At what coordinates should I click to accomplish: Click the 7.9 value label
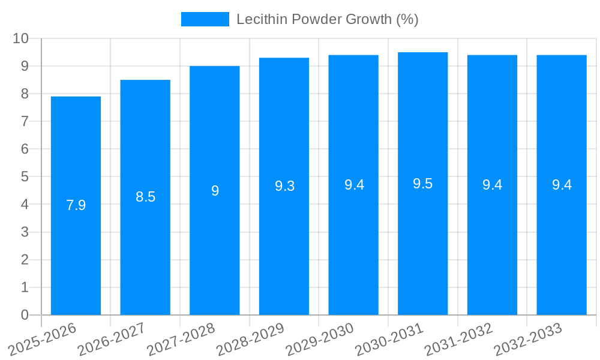point(76,205)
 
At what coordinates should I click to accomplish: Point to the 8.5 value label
point(145,197)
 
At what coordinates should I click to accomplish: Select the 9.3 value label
point(284,186)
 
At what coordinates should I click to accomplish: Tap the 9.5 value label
point(423,184)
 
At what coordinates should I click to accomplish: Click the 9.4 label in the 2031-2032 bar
point(492,185)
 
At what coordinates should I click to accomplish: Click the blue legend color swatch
point(205,19)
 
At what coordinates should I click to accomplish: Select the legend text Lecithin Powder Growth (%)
point(327,19)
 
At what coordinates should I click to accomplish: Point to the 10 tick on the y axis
point(21,38)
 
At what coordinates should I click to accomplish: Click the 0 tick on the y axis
point(25,315)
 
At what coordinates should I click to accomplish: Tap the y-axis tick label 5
point(25,177)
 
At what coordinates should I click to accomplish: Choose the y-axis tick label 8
point(25,94)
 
